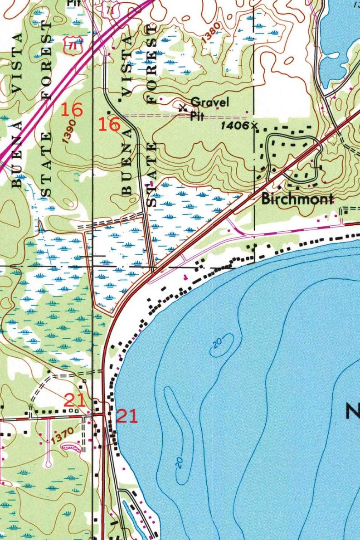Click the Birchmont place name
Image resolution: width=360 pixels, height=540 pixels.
pos(297,199)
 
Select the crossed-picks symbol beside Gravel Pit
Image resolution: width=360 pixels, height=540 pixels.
pos(183,108)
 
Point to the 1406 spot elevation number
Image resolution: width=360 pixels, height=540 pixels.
pos(235,125)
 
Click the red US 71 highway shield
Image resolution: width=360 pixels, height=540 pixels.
pos(70,44)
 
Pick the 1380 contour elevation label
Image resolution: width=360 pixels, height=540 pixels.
pos(211,33)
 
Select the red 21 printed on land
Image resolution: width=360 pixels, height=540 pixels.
pos(73,400)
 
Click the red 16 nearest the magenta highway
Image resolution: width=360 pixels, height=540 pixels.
pos(72,110)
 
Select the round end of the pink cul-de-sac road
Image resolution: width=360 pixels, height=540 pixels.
pos(49,464)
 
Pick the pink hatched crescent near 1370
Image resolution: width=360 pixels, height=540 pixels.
pos(71,448)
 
